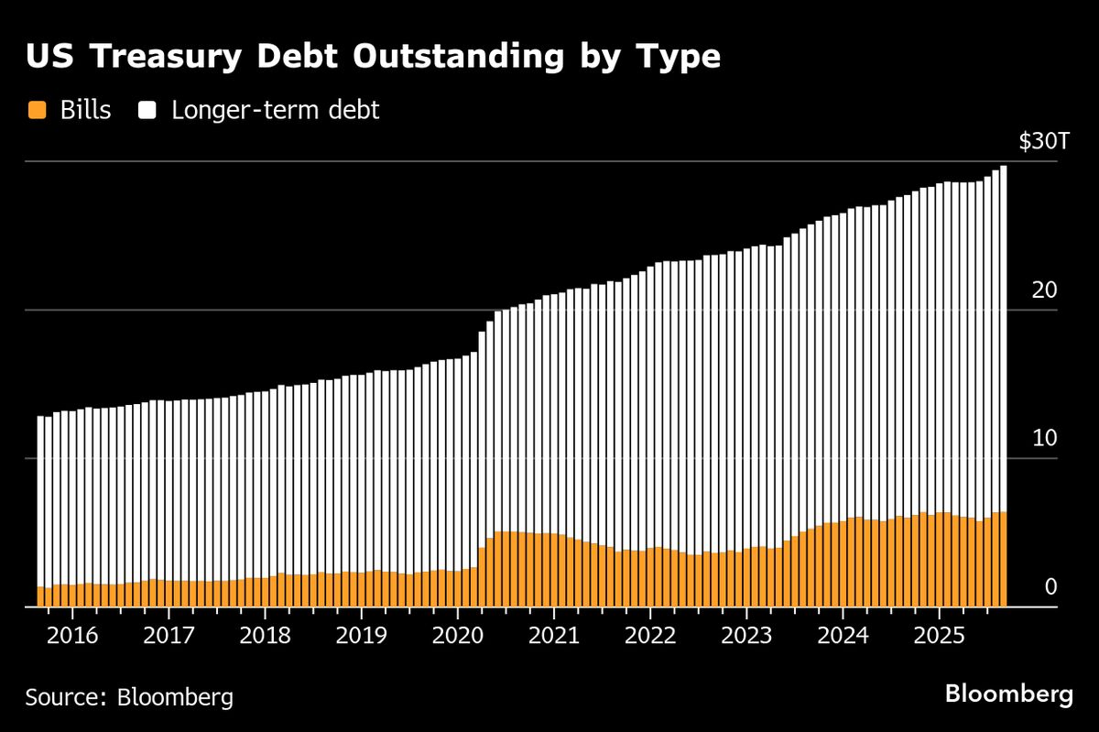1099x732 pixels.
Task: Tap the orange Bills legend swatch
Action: [x=37, y=112]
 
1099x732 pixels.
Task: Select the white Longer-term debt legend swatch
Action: [x=148, y=112]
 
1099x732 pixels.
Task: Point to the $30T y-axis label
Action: [x=1043, y=142]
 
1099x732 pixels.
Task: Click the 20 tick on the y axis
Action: [x=1045, y=290]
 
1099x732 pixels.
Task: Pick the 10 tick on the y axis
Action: [x=1045, y=439]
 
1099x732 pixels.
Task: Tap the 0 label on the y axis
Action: [x=1050, y=587]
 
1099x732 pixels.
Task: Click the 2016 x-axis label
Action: [x=72, y=635]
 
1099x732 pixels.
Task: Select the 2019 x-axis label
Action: [x=361, y=635]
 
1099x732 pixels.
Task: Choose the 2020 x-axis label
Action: [x=457, y=635]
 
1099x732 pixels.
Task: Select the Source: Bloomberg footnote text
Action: [x=129, y=697]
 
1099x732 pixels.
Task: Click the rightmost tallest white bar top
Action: [x=1004, y=168]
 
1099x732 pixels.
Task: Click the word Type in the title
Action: [x=679, y=57]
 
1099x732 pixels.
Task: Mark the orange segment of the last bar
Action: [x=1004, y=559]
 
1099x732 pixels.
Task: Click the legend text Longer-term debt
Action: [x=276, y=112]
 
